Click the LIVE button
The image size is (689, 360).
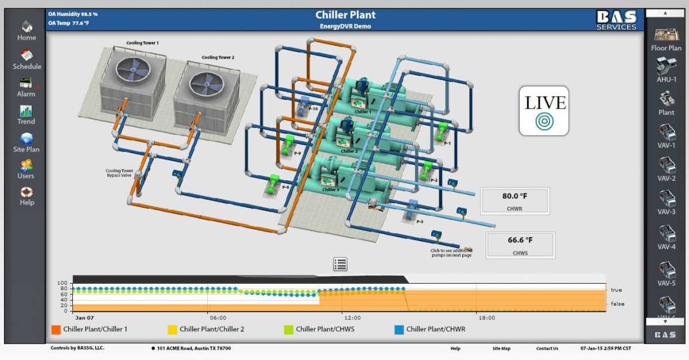pyautogui.click(x=544, y=111)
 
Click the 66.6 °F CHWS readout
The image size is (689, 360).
pyautogui.click(x=520, y=245)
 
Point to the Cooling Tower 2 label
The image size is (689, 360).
pyautogui.click(x=218, y=57)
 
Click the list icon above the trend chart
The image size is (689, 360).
pyautogui.click(x=340, y=264)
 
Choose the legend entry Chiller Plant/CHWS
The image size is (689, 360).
pyautogui.click(x=325, y=330)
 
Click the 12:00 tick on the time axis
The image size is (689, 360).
pyautogui.click(x=352, y=318)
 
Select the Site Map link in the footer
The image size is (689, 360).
pyautogui.click(x=501, y=349)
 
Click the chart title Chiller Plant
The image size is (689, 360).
pyautogui.click(x=346, y=15)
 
